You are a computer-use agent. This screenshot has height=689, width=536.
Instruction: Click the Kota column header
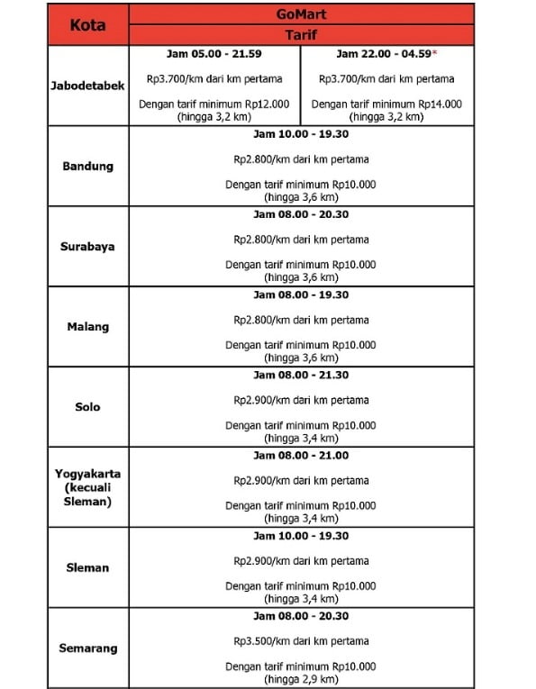point(87,24)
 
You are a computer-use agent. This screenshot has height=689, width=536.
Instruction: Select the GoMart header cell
point(301,15)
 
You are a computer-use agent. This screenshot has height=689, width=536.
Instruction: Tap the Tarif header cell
point(301,35)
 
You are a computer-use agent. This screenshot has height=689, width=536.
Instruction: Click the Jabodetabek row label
point(87,86)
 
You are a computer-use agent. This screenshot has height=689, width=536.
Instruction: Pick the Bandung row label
point(87,167)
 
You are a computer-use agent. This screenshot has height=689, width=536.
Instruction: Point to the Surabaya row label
point(87,247)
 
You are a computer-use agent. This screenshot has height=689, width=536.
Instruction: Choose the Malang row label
point(87,327)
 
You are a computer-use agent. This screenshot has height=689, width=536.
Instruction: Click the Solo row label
point(87,407)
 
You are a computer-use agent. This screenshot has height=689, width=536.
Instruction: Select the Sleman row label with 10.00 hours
point(87,567)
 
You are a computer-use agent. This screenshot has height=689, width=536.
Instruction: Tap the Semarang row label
point(87,648)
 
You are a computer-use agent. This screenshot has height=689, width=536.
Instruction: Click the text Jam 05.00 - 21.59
point(214,54)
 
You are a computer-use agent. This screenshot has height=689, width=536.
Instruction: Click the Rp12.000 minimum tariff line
point(214,104)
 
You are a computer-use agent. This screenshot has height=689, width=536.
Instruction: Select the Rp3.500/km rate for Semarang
point(301,641)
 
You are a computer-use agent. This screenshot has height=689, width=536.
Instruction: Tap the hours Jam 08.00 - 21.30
point(301,375)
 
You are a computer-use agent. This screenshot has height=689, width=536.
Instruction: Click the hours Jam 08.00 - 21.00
point(301,455)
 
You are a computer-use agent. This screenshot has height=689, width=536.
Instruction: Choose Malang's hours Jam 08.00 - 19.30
point(301,295)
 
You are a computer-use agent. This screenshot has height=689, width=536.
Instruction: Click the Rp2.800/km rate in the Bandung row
point(301,159)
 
